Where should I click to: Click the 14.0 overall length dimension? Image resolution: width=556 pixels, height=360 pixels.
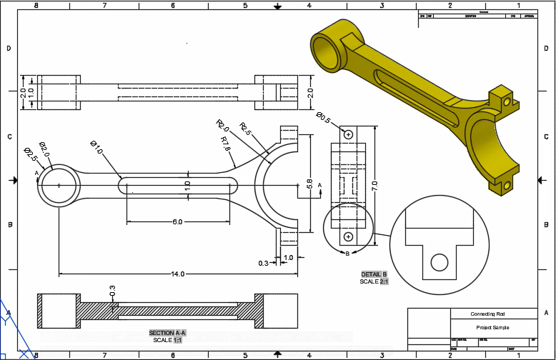(x=177, y=274)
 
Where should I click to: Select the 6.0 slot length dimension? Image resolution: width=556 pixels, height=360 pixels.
(x=177, y=222)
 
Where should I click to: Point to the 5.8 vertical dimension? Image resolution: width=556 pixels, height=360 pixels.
(x=309, y=184)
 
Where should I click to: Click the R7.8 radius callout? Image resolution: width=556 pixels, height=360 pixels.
(x=226, y=144)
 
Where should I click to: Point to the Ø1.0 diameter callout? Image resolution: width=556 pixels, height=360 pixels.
(x=96, y=148)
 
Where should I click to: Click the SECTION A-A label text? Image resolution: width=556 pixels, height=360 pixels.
(x=167, y=333)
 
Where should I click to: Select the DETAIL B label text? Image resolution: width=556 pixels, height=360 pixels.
(x=374, y=274)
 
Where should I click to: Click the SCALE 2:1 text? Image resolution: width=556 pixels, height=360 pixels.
(x=374, y=281)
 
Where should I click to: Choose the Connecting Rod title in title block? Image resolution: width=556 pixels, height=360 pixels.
(x=493, y=314)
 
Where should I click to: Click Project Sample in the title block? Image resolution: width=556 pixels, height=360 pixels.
(x=493, y=326)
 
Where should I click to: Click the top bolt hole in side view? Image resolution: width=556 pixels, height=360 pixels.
(x=348, y=134)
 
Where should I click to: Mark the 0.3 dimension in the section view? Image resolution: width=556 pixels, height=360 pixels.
(x=112, y=291)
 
